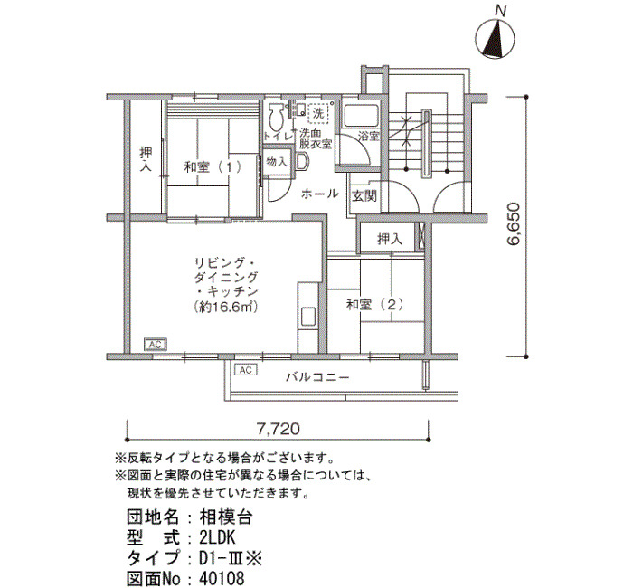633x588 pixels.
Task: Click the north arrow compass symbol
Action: click(x=496, y=39)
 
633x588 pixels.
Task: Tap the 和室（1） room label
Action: click(x=213, y=166)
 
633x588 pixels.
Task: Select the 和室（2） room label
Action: click(x=375, y=304)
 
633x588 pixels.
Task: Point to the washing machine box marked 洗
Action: click(x=319, y=113)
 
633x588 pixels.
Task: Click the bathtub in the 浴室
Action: click(x=360, y=116)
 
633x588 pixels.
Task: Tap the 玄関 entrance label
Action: click(x=364, y=196)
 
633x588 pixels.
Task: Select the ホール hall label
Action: click(x=320, y=194)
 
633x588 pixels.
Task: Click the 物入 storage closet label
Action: click(x=277, y=162)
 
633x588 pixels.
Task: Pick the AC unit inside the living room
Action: click(x=156, y=345)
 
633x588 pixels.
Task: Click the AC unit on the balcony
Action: click(x=245, y=369)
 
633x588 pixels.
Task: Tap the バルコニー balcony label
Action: click(x=317, y=377)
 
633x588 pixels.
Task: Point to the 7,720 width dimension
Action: click(x=279, y=429)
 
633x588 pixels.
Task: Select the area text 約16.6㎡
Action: click(x=226, y=308)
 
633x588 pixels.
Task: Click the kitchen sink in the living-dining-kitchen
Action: click(x=308, y=317)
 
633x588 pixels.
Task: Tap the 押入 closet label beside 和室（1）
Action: click(x=146, y=159)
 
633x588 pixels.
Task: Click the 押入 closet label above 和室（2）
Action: click(x=390, y=239)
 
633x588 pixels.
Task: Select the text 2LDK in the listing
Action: click(x=217, y=537)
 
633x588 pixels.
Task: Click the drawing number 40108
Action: click(x=222, y=578)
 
